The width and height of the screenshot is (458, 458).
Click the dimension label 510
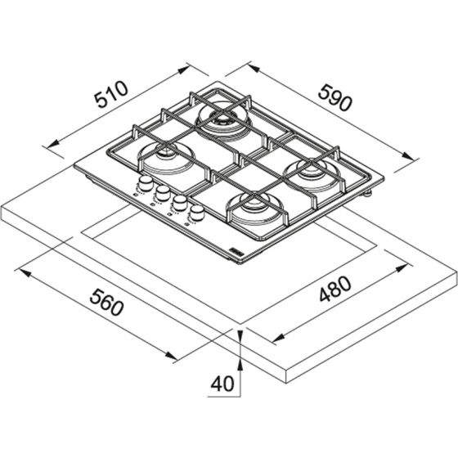110,101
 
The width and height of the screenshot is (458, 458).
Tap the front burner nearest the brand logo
253,210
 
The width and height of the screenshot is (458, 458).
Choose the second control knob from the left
162,193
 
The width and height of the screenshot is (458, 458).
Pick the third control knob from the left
179,204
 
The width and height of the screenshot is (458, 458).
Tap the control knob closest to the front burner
197,215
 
